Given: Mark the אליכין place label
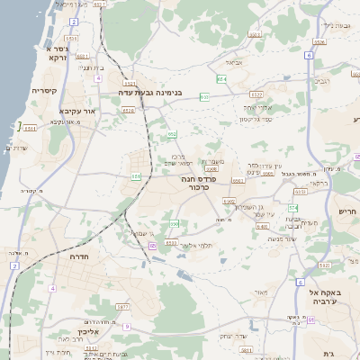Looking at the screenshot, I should [x=87, y=331].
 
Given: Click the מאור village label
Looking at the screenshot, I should [x=261, y=292].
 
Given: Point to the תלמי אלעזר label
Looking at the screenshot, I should [x=194, y=245].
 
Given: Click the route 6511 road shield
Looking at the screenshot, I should [x=29, y=129].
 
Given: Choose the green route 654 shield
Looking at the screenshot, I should [x=221, y=79].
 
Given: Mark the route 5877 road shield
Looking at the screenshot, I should [x=122, y=307].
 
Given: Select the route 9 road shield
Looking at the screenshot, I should [x=128, y=326].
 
